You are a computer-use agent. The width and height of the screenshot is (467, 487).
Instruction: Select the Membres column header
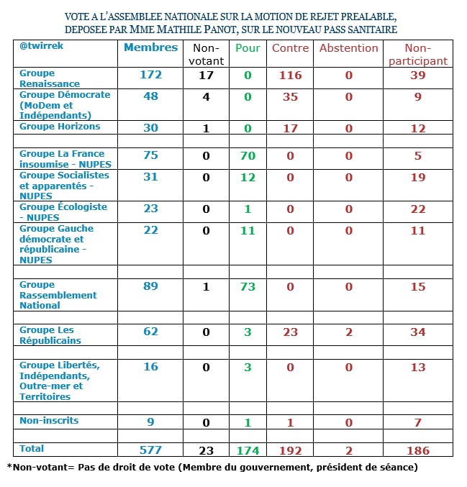click(150, 47)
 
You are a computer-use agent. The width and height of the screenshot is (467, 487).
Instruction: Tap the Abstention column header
click(348, 48)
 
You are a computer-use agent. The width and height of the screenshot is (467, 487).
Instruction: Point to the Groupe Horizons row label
click(60, 127)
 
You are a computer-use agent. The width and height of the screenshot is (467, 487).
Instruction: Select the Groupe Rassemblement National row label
click(58, 295)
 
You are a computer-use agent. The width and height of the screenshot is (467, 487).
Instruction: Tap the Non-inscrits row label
click(49, 420)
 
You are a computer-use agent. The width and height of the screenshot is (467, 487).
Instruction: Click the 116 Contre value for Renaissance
click(290, 75)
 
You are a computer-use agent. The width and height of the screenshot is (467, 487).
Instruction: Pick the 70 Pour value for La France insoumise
click(248, 154)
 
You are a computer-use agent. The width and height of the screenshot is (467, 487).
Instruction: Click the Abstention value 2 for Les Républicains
click(349, 332)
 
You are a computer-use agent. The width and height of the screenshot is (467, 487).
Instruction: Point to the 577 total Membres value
click(150, 450)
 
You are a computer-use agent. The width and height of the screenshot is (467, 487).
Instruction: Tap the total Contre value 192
click(290, 451)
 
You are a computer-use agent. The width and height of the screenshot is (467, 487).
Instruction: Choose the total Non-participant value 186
click(418, 451)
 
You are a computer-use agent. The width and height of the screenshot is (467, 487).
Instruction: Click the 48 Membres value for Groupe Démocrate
click(150, 96)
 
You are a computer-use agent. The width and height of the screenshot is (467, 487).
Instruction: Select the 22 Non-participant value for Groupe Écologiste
click(418, 209)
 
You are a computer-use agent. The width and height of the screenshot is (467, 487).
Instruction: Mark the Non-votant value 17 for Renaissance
click(206, 75)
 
